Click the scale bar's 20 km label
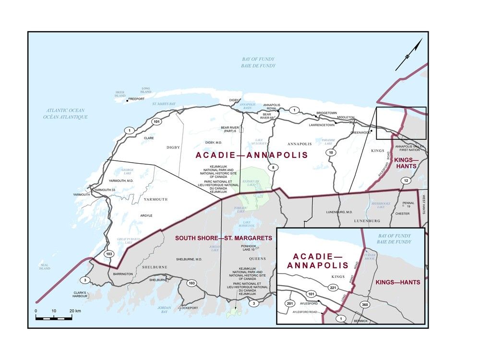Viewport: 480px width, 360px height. click(74, 311)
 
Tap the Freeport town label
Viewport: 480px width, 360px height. click(136, 99)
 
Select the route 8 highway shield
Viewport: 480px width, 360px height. click(273, 167)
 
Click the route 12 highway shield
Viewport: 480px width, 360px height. click(406, 180)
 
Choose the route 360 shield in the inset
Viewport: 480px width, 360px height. click(364, 305)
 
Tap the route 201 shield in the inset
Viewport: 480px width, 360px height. click(289, 304)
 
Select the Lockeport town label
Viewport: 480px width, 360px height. click(188, 307)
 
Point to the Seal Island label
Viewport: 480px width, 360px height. click(45, 266)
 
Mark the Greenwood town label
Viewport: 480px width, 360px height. click(360, 132)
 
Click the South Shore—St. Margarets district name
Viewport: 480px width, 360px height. click(223, 238)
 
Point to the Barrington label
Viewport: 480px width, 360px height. click(123, 274)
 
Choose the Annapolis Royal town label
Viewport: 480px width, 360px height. click(272, 107)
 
